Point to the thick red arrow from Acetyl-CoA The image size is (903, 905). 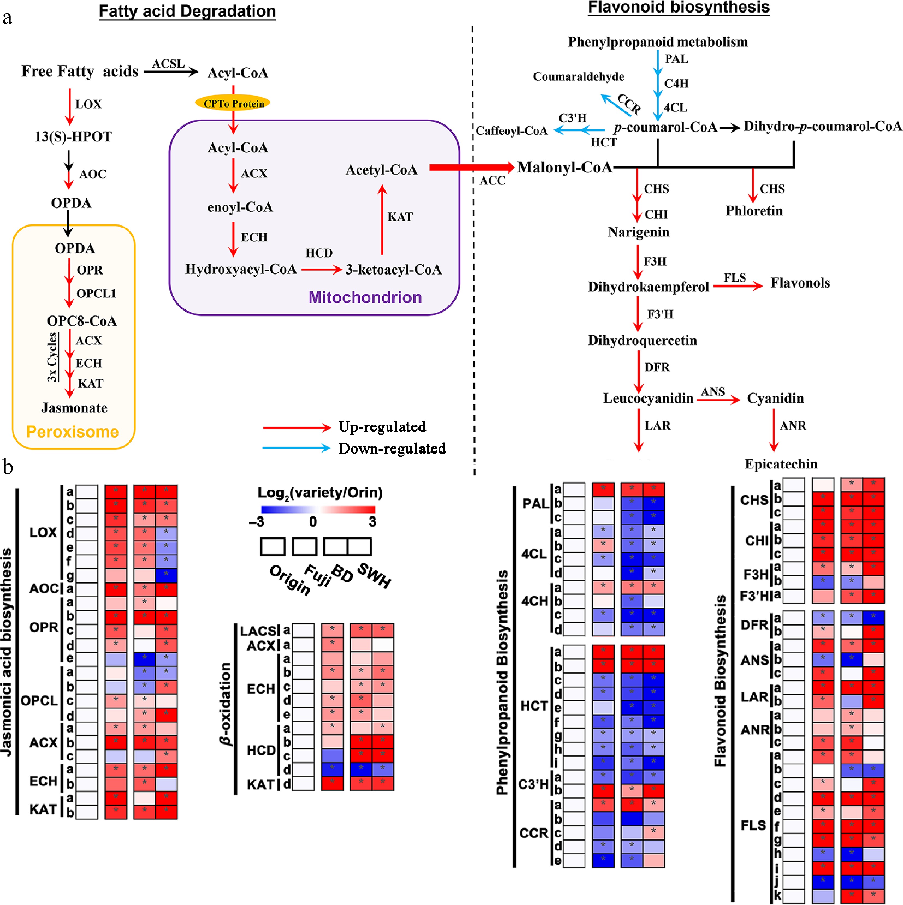(x=471, y=167)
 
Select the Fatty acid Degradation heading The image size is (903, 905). (x=187, y=11)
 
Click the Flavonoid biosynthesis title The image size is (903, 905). (x=679, y=7)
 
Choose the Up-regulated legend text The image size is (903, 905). (x=382, y=427)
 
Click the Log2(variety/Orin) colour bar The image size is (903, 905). (x=318, y=509)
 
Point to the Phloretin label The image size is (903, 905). (x=754, y=211)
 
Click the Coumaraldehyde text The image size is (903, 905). (x=578, y=76)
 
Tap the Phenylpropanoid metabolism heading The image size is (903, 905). (x=658, y=42)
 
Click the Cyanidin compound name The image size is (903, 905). (x=775, y=398)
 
